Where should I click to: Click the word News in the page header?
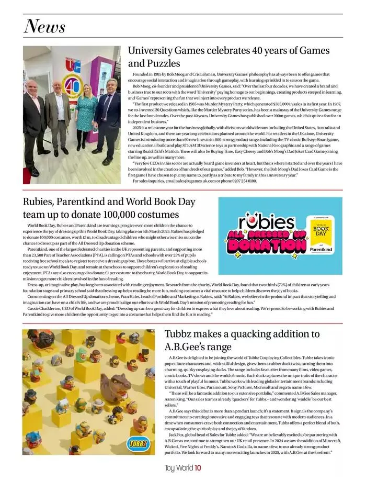coord(44,26)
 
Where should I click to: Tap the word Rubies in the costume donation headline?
coord(40,202)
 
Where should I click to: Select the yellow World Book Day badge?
coord(320,231)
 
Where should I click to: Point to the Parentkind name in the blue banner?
coord(321,250)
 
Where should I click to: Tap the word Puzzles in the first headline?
coord(154,63)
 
